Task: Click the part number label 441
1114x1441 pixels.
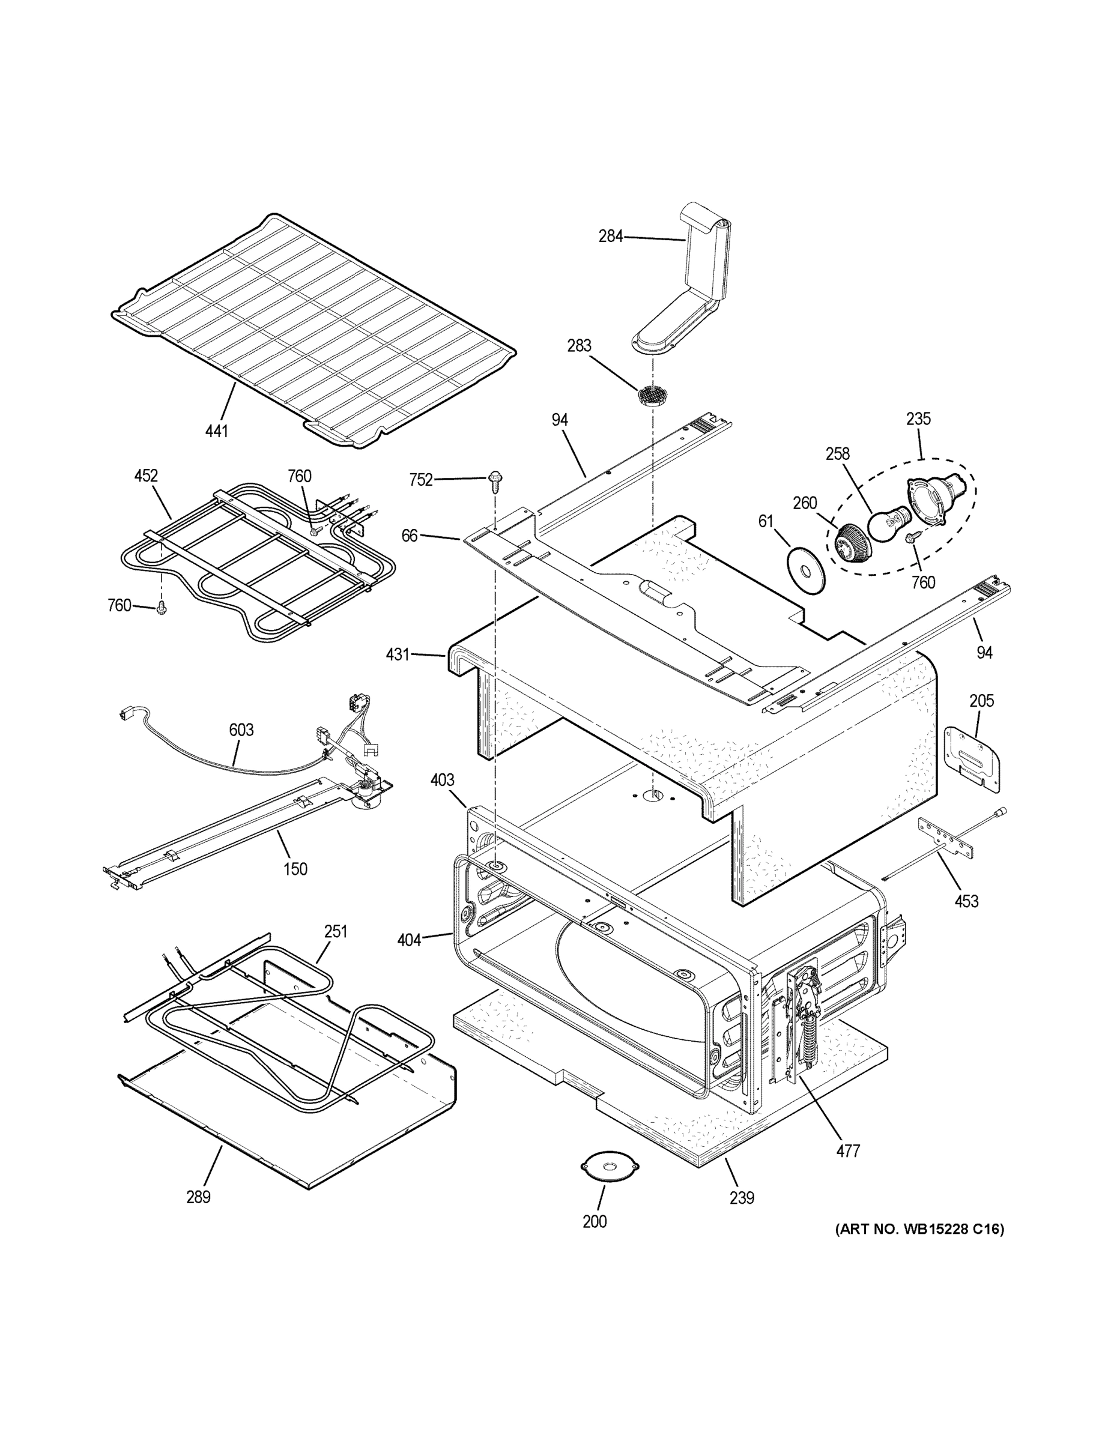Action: click(x=216, y=431)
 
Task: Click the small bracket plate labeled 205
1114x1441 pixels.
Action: click(x=972, y=758)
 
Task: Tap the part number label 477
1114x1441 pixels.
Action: click(x=848, y=1152)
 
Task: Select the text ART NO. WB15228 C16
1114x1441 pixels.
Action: click(x=920, y=1229)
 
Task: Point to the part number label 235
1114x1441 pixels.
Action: click(x=918, y=418)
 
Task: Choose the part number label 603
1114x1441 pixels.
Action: click(x=241, y=730)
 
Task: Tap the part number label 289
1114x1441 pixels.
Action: click(x=198, y=1197)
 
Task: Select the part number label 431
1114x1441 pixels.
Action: click(x=398, y=654)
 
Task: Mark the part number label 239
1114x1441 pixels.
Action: click(x=742, y=1198)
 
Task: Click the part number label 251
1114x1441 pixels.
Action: click(x=335, y=931)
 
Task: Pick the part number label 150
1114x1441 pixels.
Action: click(x=295, y=869)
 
